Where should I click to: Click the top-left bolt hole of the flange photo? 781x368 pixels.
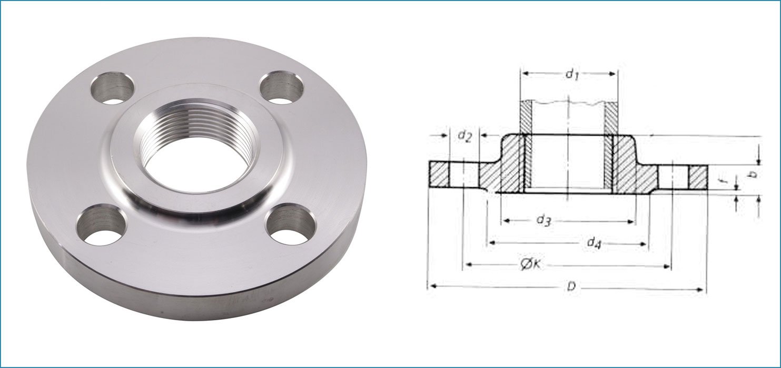112,89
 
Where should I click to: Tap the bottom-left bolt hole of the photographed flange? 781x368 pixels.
100,226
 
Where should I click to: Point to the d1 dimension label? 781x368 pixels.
572,74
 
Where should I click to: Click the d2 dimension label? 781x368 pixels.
463,136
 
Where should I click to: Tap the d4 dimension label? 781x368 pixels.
594,242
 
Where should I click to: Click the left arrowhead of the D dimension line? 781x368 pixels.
431,287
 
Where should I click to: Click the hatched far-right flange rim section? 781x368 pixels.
697,178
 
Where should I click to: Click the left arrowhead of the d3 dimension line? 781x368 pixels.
505,221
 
